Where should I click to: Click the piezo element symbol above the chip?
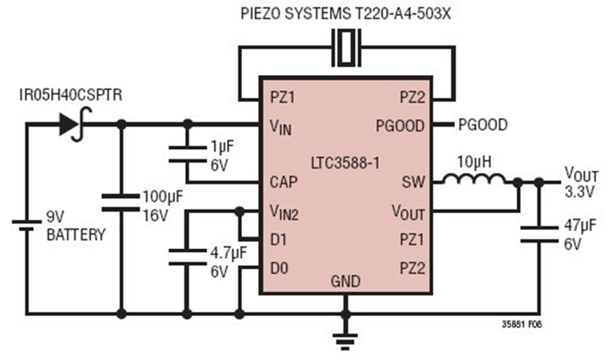point(346,47)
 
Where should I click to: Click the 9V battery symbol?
point(27,222)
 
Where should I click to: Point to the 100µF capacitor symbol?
point(120,201)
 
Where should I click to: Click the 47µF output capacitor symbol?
point(539,236)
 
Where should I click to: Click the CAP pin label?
point(283,182)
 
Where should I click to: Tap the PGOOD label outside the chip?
point(482,125)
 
